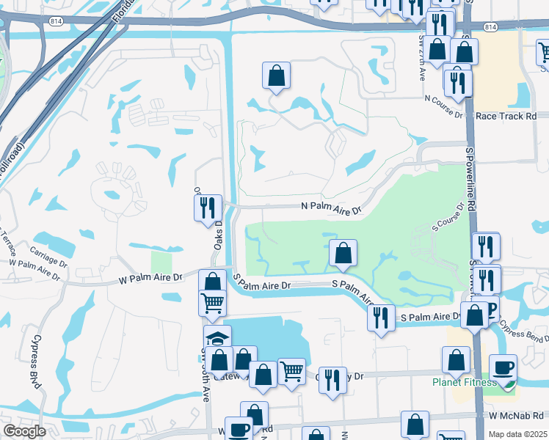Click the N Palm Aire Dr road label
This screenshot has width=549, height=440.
(332, 210)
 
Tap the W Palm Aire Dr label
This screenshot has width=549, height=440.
(150, 278)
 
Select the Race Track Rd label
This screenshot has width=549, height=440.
(506, 116)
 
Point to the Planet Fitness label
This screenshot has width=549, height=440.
(463, 382)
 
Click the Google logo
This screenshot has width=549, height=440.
(24, 430)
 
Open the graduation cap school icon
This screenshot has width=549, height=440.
(217, 338)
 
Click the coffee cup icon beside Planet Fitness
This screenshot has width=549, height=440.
(503, 368)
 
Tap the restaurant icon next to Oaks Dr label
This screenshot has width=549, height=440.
(208, 208)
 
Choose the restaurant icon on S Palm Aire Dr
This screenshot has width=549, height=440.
(380, 318)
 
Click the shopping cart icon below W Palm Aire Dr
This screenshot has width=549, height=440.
(213, 302)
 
